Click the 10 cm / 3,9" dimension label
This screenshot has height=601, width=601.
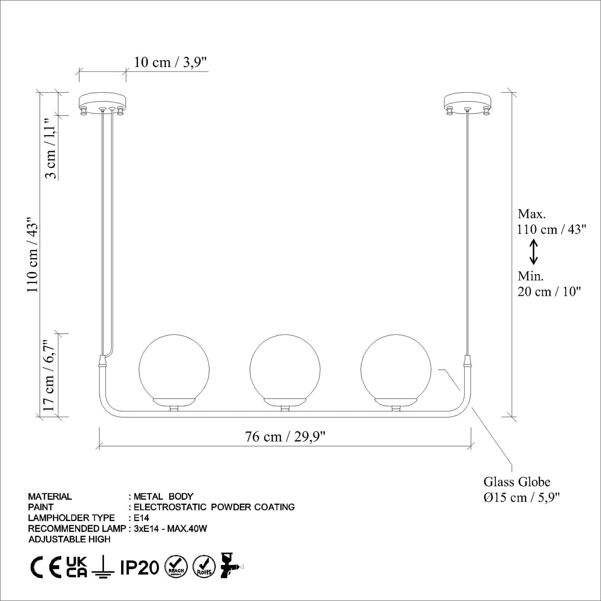[x=170, y=62]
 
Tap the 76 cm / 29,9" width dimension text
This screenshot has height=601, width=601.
[x=285, y=437]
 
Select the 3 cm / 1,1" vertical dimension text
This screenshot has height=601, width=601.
[x=51, y=148]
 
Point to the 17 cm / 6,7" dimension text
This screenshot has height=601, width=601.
[x=49, y=376]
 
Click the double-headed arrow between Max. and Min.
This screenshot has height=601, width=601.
[x=534, y=252]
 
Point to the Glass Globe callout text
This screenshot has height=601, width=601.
[x=517, y=482]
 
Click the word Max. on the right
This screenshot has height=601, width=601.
[x=531, y=214]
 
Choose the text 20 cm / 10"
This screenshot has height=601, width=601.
[x=548, y=292]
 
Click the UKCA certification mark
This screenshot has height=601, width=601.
[x=77, y=567]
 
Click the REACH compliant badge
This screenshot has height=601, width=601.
[x=176, y=567]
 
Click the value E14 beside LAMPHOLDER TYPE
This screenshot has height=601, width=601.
[x=141, y=518]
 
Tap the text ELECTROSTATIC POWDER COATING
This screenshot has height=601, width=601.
[x=214, y=507]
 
